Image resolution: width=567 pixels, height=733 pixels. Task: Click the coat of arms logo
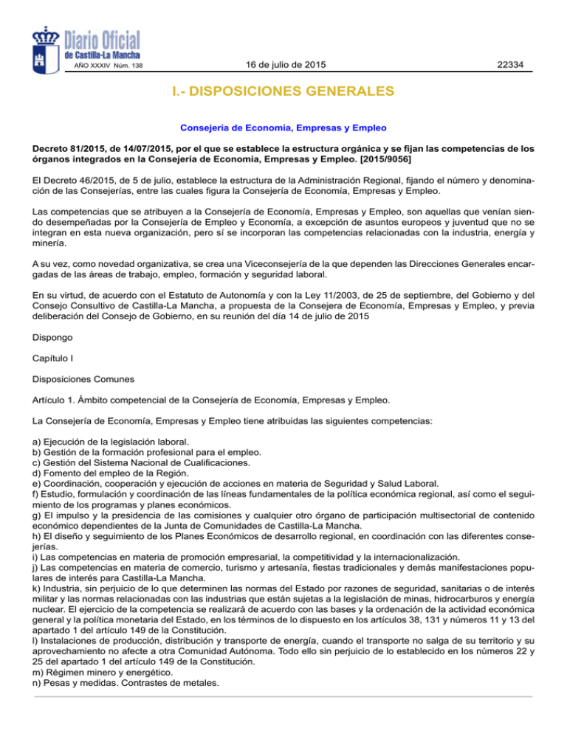tap(49, 46)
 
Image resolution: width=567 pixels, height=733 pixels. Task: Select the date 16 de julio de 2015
tap(286, 66)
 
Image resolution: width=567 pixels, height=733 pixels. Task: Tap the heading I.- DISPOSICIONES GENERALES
tap(284, 93)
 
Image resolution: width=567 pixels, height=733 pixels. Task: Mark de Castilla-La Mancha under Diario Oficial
tap(103, 55)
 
